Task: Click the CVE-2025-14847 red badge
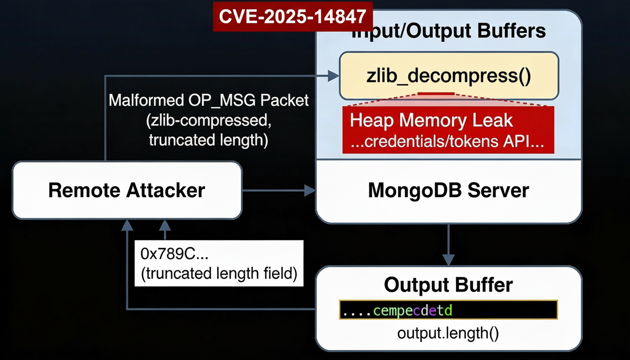tap(292, 16)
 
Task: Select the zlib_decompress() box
tap(449, 75)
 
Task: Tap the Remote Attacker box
tap(127, 190)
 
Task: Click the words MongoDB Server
tap(448, 190)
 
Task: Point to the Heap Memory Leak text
tap(431, 120)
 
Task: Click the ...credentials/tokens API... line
tap(447, 142)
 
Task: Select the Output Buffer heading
tap(448, 285)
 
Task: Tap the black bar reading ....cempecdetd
tap(448, 310)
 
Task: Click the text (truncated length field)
tap(219, 273)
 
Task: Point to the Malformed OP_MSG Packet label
tap(209, 100)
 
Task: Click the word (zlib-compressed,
tap(209, 120)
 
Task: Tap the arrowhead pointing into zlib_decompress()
tap(333, 75)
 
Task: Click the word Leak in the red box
tap(495, 120)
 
